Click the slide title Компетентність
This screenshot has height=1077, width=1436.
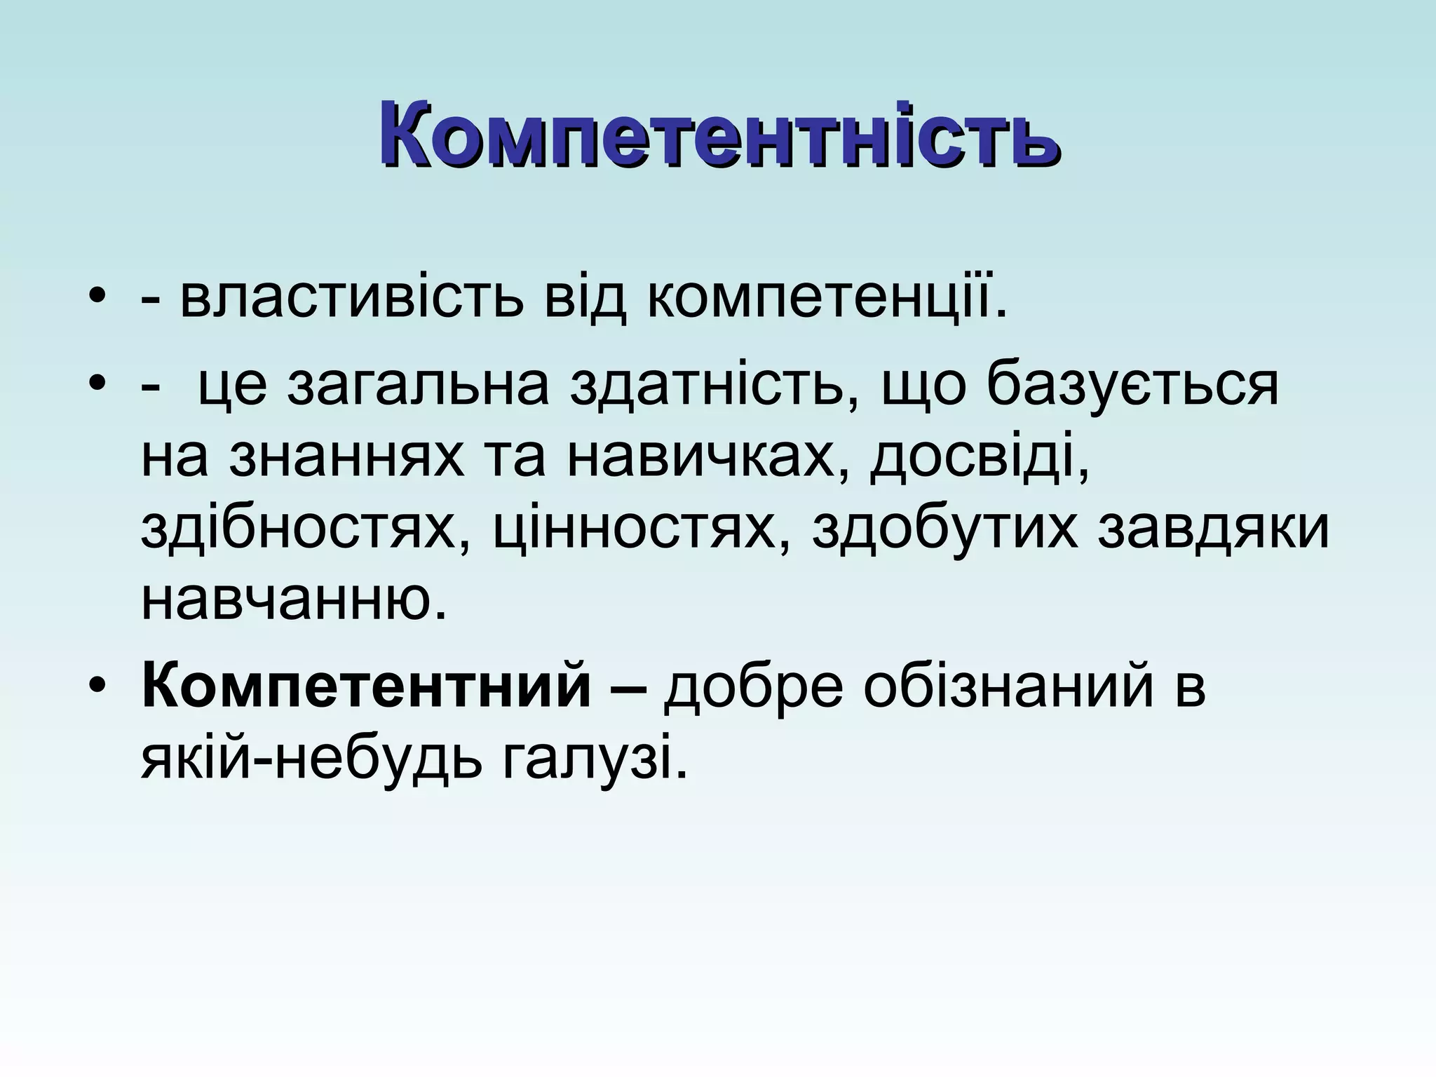coord(719,133)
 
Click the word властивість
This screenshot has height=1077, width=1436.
coord(351,300)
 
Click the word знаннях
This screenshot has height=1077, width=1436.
coord(346,459)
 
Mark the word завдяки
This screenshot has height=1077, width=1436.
coord(1213,530)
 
